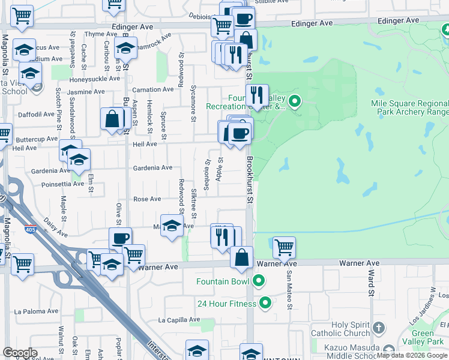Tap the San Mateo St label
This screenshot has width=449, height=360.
coord(289,290)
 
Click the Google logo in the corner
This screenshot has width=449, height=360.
coord(20,353)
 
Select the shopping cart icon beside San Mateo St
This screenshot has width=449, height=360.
coord(283,246)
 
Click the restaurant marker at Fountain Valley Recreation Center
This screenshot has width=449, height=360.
coord(257,95)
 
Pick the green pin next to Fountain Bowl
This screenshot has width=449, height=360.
coord(259,281)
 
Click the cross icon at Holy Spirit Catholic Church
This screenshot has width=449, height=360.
coord(378,328)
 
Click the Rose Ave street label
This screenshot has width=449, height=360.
coord(147,199)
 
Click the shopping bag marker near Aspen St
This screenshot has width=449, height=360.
coord(112,119)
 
